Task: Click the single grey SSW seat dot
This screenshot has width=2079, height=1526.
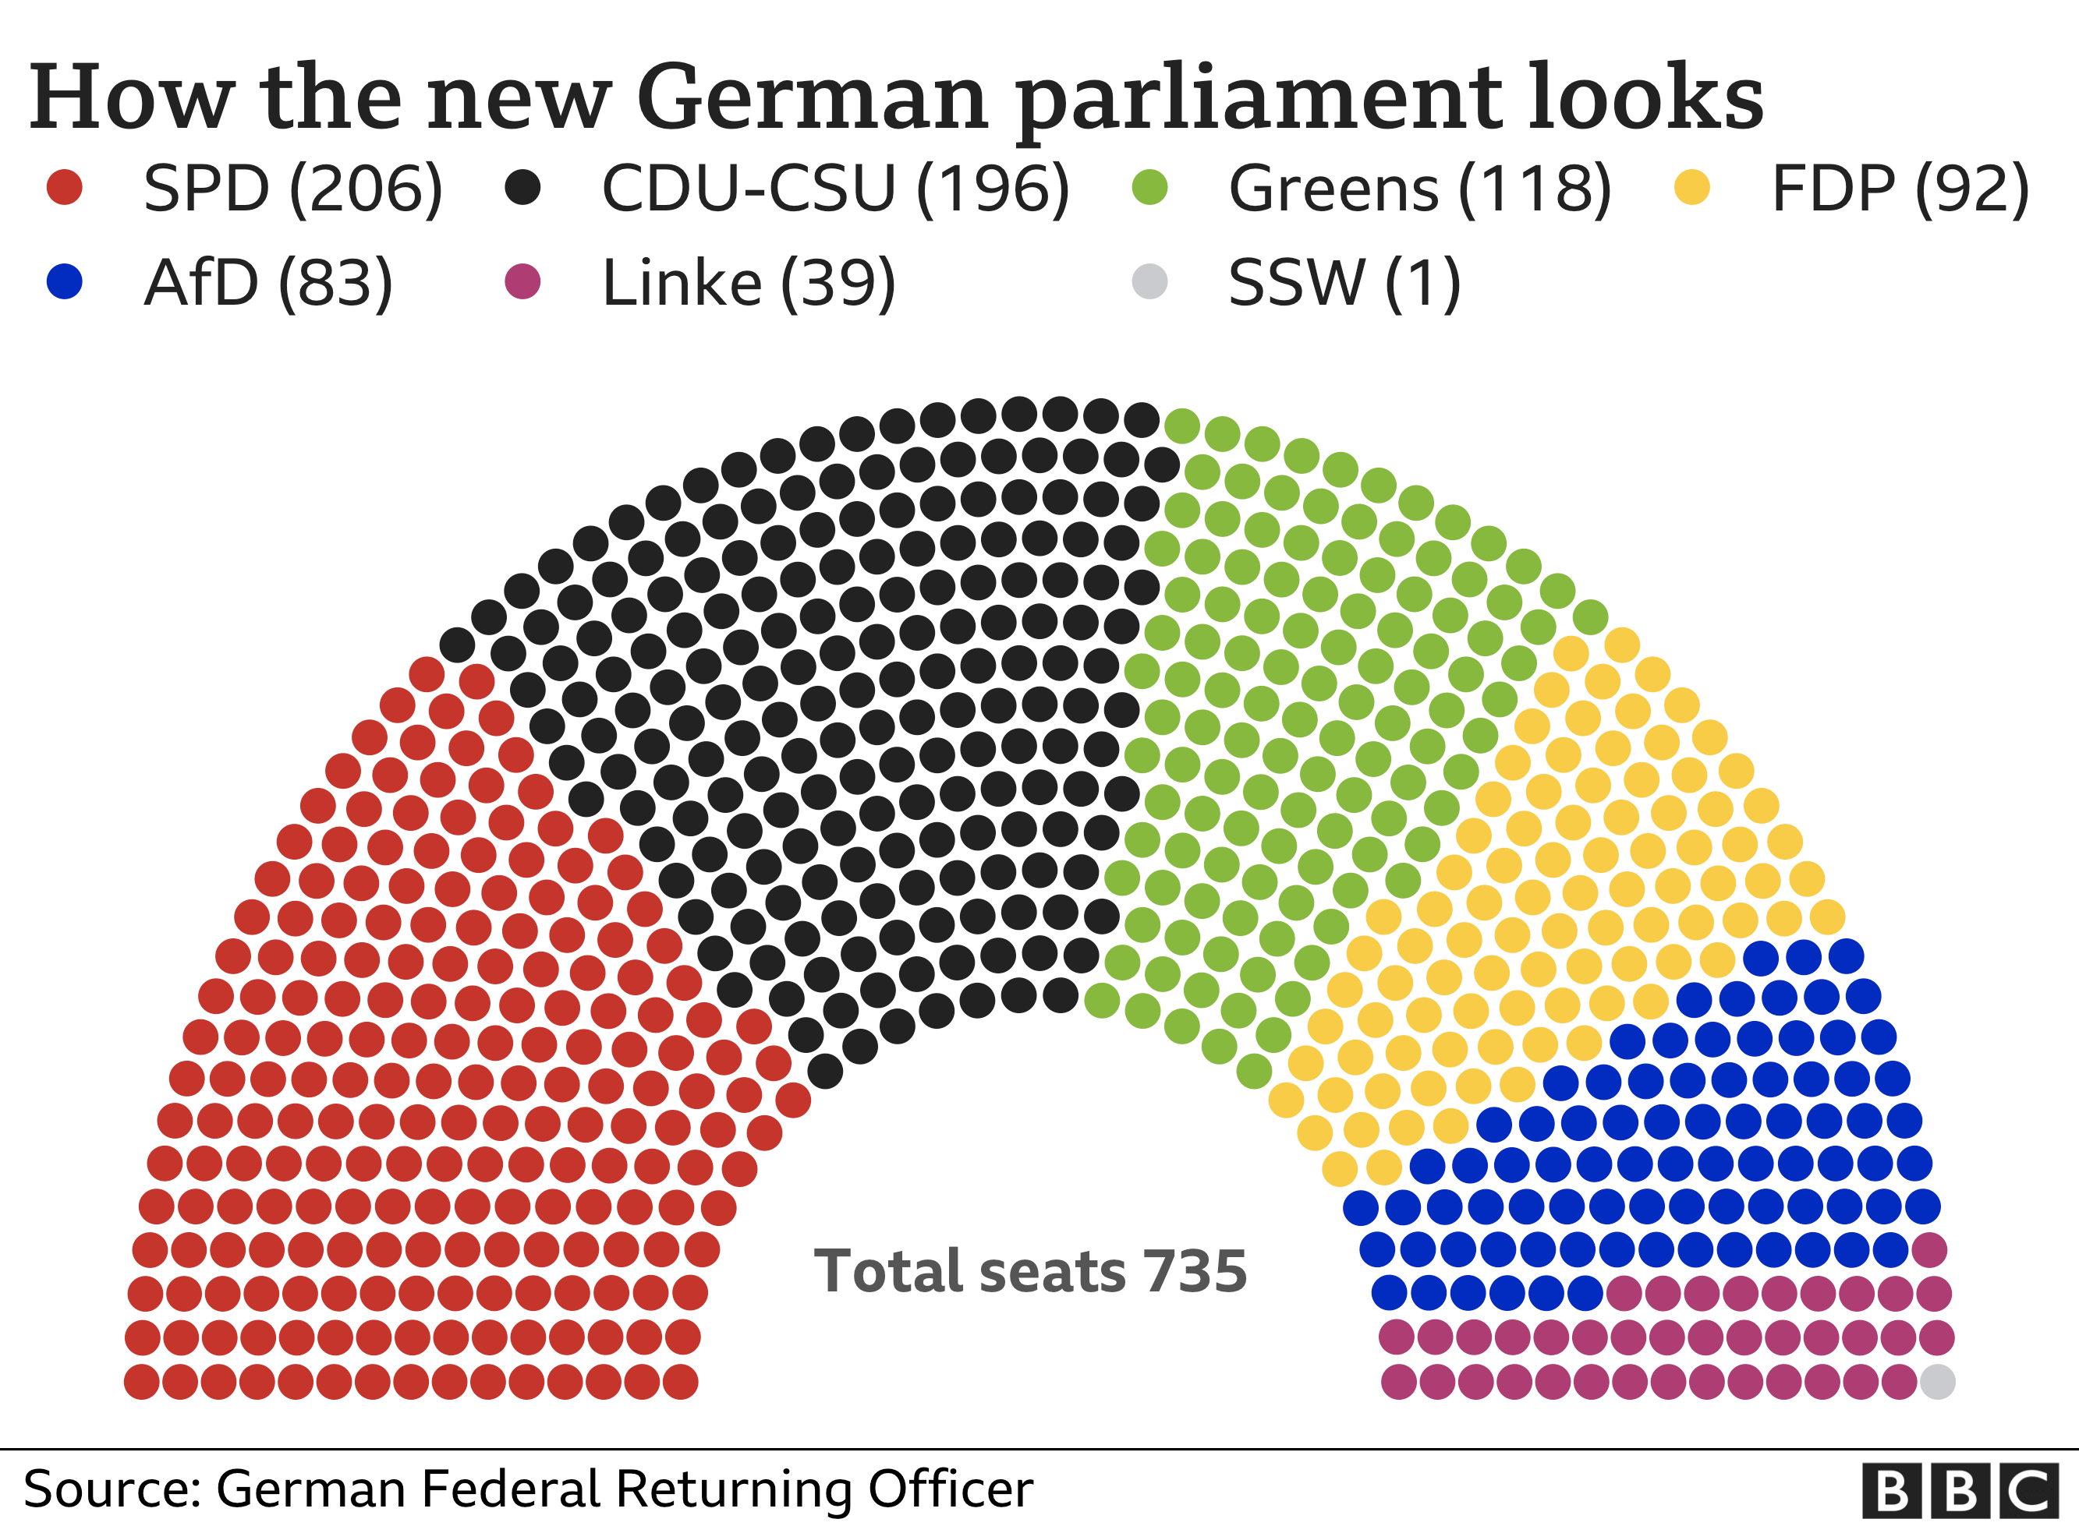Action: (x=1938, y=1382)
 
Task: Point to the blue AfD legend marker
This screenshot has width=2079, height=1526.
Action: (x=65, y=281)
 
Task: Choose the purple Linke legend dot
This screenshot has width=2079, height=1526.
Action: (x=523, y=281)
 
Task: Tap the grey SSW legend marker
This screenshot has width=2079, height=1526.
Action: (x=1149, y=281)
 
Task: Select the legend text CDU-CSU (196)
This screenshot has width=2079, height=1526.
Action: (x=835, y=189)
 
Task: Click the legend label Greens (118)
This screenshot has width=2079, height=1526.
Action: (x=1419, y=189)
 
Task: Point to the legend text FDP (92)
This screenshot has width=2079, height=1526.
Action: (x=1900, y=189)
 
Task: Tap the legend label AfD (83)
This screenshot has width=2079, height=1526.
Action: (x=268, y=283)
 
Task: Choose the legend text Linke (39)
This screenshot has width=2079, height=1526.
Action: (x=749, y=283)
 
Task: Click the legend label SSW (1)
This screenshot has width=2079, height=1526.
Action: (x=1344, y=283)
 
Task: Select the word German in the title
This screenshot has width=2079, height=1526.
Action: (x=813, y=98)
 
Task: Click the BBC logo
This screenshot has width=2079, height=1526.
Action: (x=1960, y=1490)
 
